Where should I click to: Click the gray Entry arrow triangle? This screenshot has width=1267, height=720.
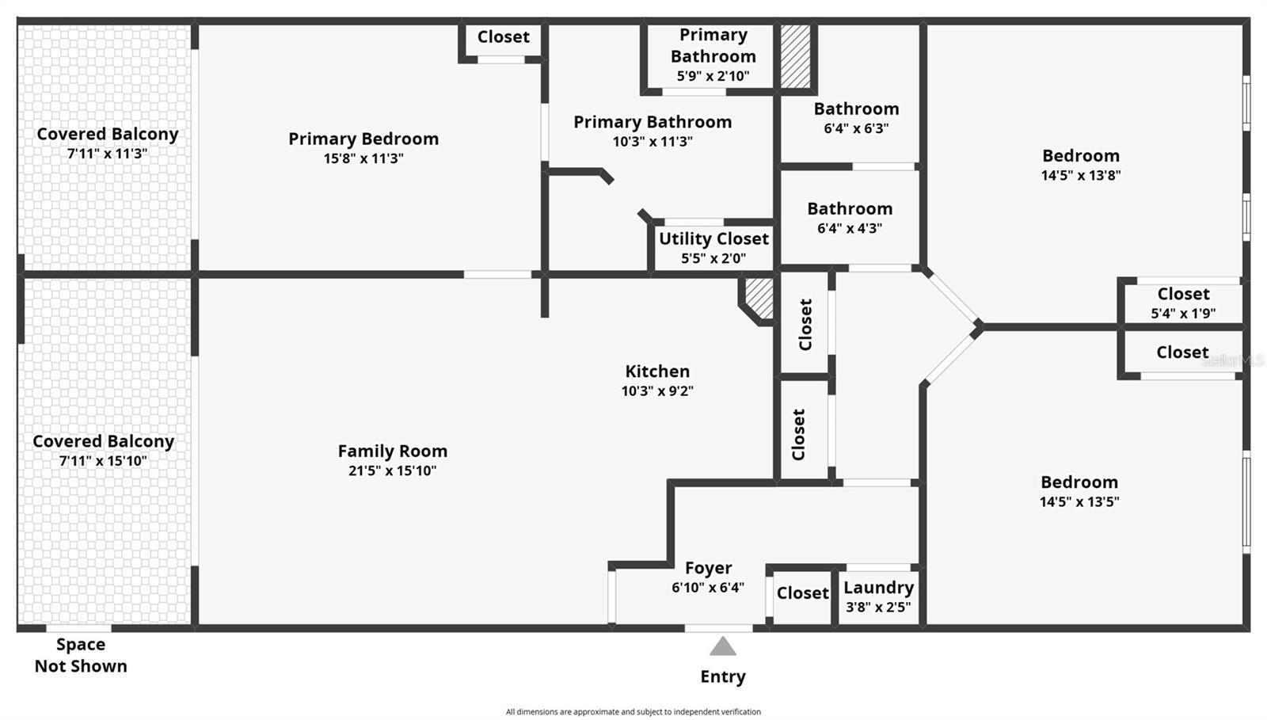(722, 648)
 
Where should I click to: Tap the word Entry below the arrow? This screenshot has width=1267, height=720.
(722, 676)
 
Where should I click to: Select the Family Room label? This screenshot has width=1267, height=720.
(393, 451)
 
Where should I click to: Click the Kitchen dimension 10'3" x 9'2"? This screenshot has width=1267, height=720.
(657, 390)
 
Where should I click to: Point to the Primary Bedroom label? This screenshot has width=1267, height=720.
(363, 139)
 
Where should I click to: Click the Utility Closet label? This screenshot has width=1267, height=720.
(713, 238)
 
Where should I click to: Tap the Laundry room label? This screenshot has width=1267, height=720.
(878, 588)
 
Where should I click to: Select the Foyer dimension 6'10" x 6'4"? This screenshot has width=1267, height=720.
(708, 588)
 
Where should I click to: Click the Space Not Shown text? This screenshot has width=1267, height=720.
(81, 655)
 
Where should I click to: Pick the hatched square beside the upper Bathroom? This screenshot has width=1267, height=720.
(796, 56)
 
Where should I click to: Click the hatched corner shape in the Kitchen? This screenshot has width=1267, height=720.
(759, 298)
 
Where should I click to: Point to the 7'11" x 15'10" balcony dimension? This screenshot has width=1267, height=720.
(103, 461)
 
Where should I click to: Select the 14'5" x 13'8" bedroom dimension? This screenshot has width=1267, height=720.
(1081, 175)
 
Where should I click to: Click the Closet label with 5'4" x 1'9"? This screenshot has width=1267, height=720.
(1183, 294)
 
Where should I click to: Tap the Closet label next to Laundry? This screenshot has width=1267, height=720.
(802, 593)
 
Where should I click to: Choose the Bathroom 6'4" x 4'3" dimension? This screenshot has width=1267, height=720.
(850, 228)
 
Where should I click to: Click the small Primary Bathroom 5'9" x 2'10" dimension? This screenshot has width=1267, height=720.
(713, 76)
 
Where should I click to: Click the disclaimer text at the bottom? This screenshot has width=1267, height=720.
(633, 712)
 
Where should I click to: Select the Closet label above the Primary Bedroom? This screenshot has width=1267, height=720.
(503, 37)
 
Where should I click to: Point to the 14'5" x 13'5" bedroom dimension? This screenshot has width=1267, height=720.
(1079, 501)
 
